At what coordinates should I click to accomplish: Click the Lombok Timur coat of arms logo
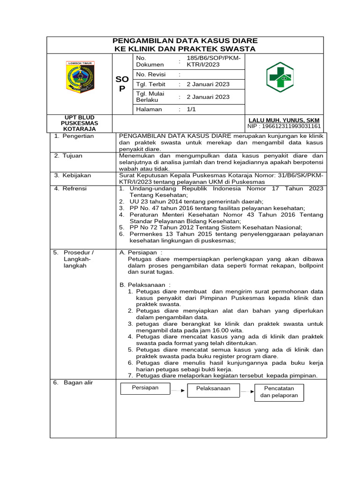point(80,76)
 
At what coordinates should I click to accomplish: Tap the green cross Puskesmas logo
point(280,77)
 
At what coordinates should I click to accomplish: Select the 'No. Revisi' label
point(149,75)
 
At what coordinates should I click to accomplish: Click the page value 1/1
point(191,109)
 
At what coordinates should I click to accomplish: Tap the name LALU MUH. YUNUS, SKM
point(284,120)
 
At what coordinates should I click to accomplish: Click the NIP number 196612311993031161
point(284,126)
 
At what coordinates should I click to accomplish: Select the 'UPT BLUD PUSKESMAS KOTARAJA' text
point(79,123)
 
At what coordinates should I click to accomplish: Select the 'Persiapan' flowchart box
point(145,388)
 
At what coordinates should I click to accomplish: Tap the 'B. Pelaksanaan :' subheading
point(145,285)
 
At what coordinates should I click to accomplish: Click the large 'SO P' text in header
point(122,84)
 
